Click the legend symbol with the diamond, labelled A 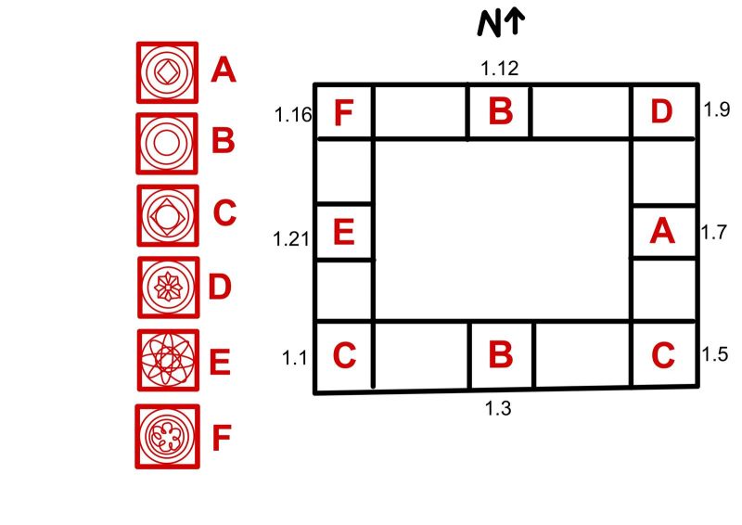click(167, 72)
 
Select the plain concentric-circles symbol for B click(167, 144)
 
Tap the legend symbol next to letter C click(168, 215)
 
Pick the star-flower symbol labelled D click(168, 288)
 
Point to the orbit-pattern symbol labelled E click(168, 360)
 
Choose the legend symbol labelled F click(168, 437)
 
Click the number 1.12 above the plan click(499, 69)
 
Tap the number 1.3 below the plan click(498, 408)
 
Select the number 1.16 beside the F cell click(293, 115)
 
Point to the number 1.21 click(291, 239)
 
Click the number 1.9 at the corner click(716, 109)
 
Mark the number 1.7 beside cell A click(713, 233)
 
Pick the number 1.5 click(714, 354)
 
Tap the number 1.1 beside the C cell click(294, 358)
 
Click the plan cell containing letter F click(344, 112)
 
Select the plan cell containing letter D click(664, 112)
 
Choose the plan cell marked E click(344, 232)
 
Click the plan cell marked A click(664, 232)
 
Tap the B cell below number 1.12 click(499, 112)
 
